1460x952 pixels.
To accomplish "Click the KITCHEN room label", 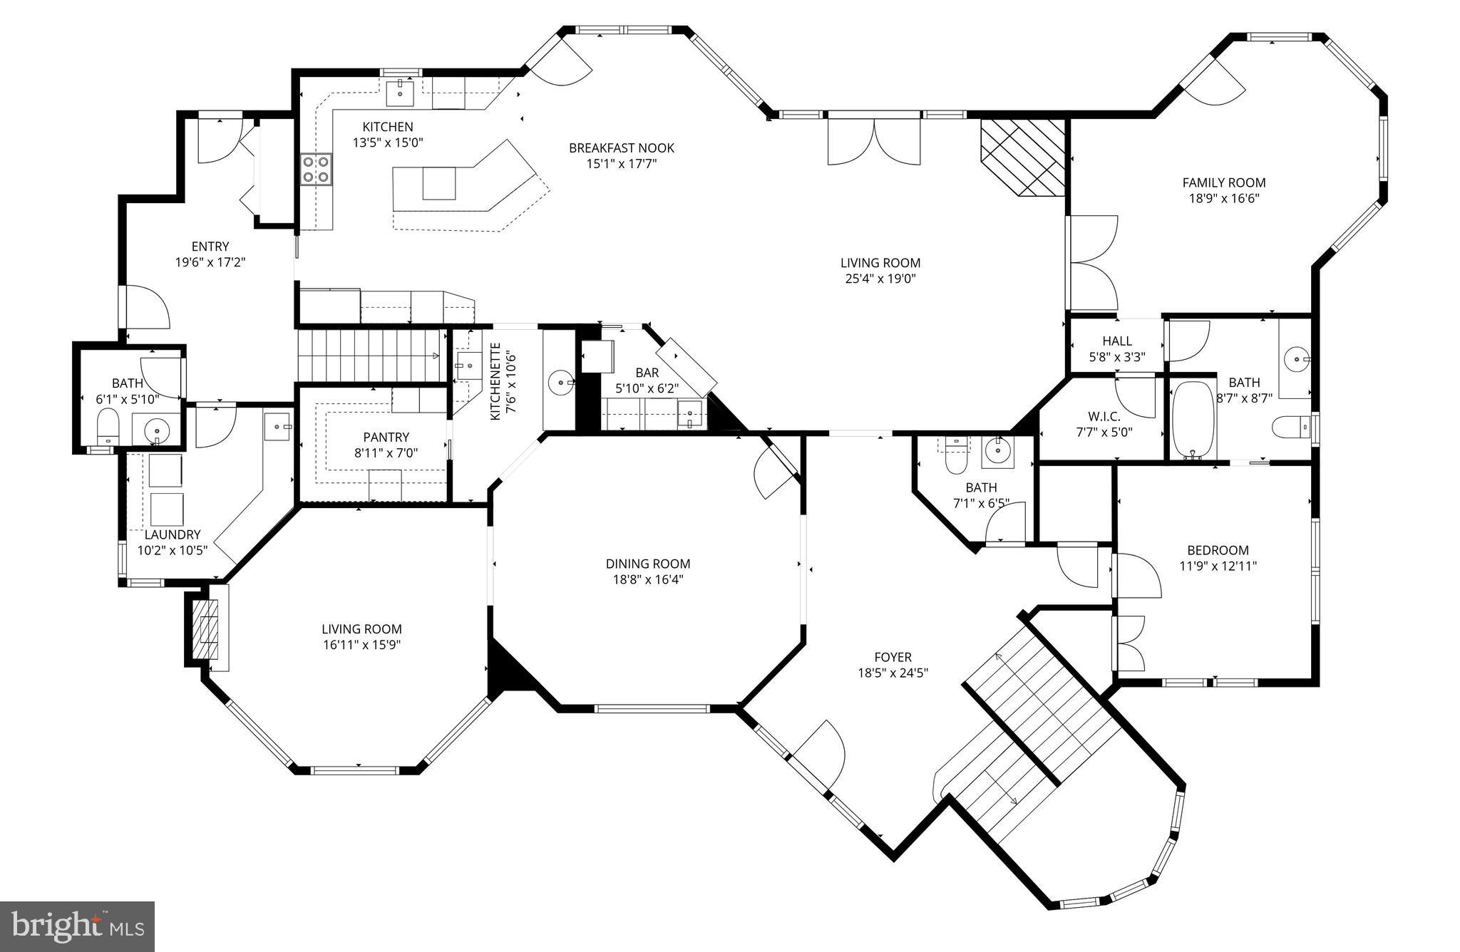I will pos(387,127).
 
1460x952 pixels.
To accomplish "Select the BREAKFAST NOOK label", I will pos(621,148).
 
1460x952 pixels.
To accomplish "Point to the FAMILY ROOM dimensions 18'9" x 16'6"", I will pos(1223,199).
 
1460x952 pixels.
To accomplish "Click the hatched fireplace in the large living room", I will pos(1023,157).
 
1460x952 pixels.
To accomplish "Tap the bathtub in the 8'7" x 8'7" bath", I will pos(1193,419).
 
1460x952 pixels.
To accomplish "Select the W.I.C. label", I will pos(1104,416).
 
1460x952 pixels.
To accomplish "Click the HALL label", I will pos(1116,341).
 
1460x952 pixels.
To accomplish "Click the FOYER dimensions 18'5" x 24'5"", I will pos(893,673).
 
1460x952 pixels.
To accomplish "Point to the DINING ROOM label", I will pos(648,564).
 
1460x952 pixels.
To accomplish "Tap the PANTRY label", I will pos(386,437).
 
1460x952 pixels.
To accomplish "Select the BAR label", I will pos(647,373).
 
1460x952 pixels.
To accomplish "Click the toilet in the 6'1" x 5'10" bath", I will pos(108,425).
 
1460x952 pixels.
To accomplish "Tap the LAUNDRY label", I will pos(173,534).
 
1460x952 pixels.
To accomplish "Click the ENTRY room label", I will pos(210,247).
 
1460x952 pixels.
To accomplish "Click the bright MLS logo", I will pos(77,926).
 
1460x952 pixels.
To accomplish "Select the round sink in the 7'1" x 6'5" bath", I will pos(997,450).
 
